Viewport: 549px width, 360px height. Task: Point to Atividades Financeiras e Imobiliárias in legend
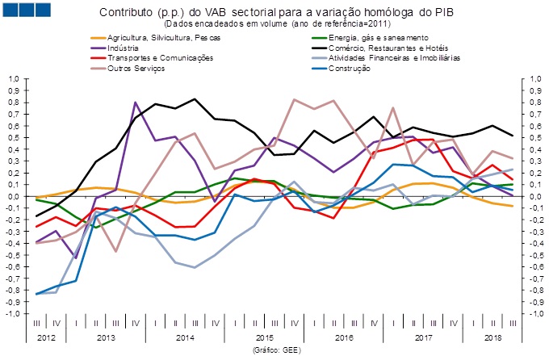coord(397,58)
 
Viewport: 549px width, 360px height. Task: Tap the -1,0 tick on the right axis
coord(535,313)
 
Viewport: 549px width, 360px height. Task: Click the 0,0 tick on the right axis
coord(534,196)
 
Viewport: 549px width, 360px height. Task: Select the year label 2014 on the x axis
coord(185,337)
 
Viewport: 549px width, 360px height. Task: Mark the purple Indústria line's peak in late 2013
coord(135,103)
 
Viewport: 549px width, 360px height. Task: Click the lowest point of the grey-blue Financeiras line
coord(195,267)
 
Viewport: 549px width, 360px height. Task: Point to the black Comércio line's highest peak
coord(195,98)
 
